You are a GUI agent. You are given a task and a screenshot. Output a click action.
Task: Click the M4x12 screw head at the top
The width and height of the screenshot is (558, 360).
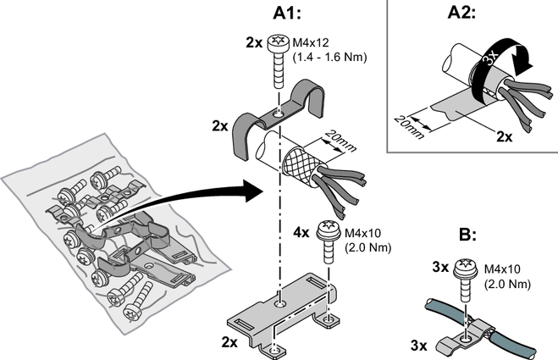(278, 42)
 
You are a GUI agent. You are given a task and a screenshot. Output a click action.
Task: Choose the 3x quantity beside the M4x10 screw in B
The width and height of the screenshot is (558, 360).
(439, 268)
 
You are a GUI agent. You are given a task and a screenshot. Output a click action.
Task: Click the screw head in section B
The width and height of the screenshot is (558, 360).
(465, 267)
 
